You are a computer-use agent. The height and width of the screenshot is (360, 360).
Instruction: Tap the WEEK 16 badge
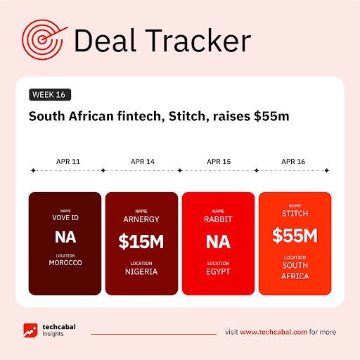50,95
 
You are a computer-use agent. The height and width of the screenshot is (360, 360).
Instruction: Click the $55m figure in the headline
271,116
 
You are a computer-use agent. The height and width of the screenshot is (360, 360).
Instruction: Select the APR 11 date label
68,162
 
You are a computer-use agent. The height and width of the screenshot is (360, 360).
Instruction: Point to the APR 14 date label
143,162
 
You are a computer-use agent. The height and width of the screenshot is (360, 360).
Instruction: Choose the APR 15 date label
219,162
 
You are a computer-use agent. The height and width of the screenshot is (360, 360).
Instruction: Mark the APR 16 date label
293,162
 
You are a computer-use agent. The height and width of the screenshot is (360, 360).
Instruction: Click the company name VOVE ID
65,218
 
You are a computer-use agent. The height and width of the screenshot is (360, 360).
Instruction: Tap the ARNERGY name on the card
141,219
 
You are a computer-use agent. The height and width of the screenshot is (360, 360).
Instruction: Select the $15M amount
141,242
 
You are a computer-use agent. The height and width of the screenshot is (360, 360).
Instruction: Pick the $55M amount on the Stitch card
295,236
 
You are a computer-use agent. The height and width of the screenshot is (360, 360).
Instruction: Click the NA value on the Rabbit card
218,242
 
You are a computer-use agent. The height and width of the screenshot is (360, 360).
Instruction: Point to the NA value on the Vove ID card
65,237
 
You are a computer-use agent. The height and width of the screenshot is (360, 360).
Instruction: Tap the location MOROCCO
65,263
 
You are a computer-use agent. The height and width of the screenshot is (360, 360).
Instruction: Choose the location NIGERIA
141,271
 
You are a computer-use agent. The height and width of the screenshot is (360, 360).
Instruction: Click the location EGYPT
218,271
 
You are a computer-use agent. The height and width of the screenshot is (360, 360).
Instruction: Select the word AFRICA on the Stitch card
295,276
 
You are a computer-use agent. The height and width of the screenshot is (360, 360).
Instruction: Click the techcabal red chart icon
30,330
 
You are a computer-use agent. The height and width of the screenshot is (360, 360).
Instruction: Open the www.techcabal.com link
274,332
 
